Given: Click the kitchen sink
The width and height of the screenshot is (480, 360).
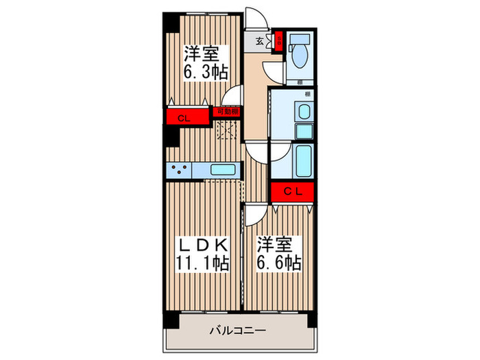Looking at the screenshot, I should [x=223, y=170].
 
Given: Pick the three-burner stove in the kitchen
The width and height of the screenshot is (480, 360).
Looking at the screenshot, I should [x=179, y=170].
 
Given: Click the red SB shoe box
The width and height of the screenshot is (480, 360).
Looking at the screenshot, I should [x=278, y=40].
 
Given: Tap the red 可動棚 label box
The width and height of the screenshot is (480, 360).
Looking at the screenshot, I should [x=228, y=110].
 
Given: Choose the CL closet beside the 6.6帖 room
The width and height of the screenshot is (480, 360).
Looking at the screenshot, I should [x=292, y=191].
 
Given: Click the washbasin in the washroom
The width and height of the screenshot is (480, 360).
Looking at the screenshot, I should [x=302, y=112].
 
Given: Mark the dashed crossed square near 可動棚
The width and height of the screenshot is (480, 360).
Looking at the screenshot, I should [x=227, y=128].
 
